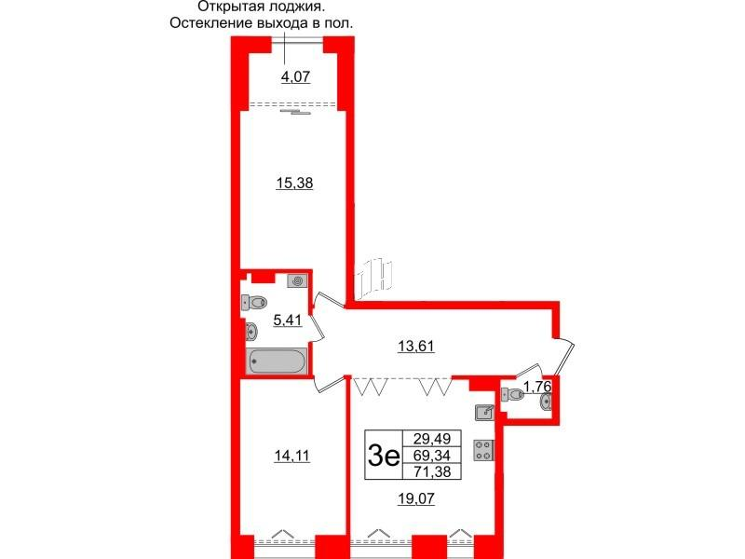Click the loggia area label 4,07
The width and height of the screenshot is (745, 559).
coord(295,76)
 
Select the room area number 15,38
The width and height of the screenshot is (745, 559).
coord(294,183)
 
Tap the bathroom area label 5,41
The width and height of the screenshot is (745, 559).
coord(288,320)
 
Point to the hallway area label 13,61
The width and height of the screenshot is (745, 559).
coord(416,347)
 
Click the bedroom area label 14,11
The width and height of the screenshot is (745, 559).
coord(291,456)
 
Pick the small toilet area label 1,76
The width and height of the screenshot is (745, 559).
coord(537,387)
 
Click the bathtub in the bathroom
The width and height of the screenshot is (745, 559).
coord(277,361)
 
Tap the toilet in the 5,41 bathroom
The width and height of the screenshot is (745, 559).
coord(253,302)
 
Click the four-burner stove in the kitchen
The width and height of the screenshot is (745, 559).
coord(483,450)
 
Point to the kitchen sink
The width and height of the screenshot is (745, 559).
coord(484,413)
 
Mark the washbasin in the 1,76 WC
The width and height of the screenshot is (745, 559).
coord(546,402)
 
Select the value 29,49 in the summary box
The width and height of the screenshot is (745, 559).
coord(432,438)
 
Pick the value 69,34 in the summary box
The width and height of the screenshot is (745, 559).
coord(432,456)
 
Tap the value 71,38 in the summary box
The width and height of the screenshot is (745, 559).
coord(432,471)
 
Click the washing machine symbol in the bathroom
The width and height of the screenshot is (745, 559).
coord(297,281)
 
